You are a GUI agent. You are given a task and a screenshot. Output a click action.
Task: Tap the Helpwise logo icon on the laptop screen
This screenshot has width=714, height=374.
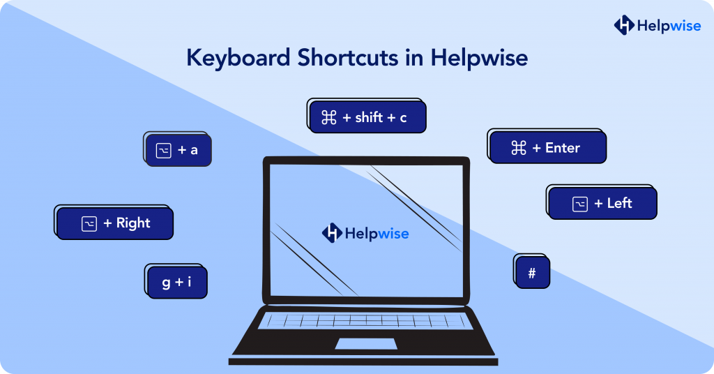pyautogui.click(x=332, y=233)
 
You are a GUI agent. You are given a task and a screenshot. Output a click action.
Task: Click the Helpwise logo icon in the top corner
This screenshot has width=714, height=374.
pyautogui.click(x=623, y=25)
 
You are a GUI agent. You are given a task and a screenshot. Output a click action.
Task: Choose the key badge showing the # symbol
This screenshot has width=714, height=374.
pyautogui.click(x=532, y=273)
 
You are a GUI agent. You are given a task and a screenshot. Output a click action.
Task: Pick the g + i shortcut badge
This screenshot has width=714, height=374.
pyautogui.click(x=177, y=283)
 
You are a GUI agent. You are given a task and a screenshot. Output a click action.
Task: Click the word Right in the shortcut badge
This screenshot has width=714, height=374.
pyautogui.click(x=133, y=223)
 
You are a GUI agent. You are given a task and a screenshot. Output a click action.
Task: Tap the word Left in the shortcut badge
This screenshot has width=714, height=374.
pyautogui.click(x=619, y=203)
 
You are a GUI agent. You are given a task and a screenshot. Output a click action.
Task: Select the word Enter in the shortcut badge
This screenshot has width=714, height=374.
pyautogui.click(x=562, y=148)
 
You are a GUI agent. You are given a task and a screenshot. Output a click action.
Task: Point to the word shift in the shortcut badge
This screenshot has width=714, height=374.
pyautogui.click(x=369, y=118)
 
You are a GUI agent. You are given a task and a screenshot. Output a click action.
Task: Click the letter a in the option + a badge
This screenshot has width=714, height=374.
pyautogui.click(x=194, y=150)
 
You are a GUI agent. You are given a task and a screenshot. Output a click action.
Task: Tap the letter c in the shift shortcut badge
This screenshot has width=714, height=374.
pyautogui.click(x=403, y=118)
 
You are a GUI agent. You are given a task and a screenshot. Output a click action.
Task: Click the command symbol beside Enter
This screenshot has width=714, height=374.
pyautogui.click(x=519, y=148)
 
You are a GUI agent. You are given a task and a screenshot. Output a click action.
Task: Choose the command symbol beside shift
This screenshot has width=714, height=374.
pyautogui.click(x=329, y=118)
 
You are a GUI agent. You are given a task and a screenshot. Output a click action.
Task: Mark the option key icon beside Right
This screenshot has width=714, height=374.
pyautogui.click(x=89, y=224)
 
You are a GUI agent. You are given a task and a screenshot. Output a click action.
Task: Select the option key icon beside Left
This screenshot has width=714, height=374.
pyautogui.click(x=580, y=204)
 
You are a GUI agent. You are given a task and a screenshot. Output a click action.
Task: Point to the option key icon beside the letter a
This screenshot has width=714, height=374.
pyautogui.click(x=163, y=150)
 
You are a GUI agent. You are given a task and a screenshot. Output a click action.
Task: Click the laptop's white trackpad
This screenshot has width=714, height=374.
pyautogui.click(x=366, y=343)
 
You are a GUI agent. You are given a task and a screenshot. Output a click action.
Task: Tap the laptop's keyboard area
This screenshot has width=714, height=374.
pyautogui.click(x=365, y=321)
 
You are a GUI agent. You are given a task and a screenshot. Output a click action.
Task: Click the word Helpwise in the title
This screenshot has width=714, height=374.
pyautogui.click(x=479, y=58)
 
